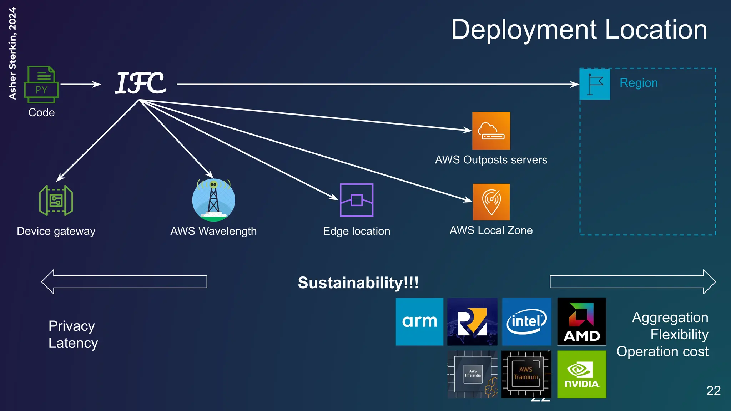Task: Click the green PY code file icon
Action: (x=41, y=85)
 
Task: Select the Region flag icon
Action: (x=595, y=85)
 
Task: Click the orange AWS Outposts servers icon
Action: (x=491, y=131)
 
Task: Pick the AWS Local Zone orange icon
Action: (x=491, y=202)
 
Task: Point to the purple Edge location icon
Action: (x=357, y=200)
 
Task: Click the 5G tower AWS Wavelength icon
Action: (x=213, y=200)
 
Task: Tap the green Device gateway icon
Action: (x=56, y=200)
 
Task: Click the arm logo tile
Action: (x=419, y=321)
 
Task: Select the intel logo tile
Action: (x=526, y=321)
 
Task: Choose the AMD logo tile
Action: (x=581, y=321)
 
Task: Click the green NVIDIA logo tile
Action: (x=581, y=374)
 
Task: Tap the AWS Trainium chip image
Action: (x=526, y=374)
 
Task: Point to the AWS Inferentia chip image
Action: (x=473, y=374)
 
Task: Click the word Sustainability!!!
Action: (x=358, y=283)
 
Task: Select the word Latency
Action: (x=73, y=343)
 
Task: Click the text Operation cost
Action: (x=662, y=352)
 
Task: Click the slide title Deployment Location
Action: (x=579, y=30)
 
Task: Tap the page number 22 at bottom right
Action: (x=713, y=391)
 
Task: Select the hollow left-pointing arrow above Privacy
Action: (x=124, y=282)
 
